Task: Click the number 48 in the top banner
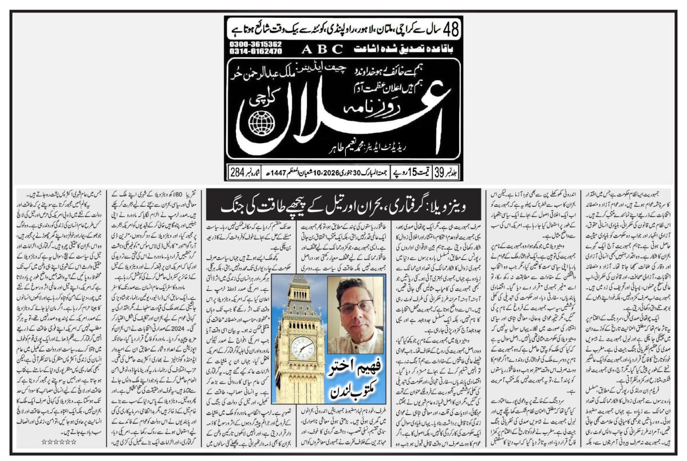tap(451, 27)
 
